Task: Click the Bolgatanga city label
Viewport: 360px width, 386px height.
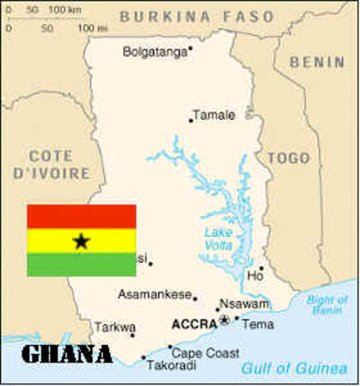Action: pyautogui.click(x=154, y=52)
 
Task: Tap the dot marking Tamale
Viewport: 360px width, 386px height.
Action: pyautogui.click(x=191, y=121)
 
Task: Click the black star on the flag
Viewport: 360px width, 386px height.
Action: pyautogui.click(x=81, y=240)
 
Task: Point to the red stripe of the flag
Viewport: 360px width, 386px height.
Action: pyautogui.click(x=81, y=216)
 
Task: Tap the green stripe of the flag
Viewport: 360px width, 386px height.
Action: pyautogui.click(x=81, y=265)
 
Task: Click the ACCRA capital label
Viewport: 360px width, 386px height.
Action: pyautogui.click(x=194, y=325)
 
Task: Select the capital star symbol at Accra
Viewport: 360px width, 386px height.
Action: pyautogui.click(x=224, y=320)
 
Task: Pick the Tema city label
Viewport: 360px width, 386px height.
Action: pyautogui.click(x=257, y=325)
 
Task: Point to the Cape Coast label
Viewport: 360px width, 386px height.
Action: pyautogui.click(x=206, y=353)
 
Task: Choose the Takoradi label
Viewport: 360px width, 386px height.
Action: pyautogui.click(x=171, y=365)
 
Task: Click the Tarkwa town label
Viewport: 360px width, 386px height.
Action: pyautogui.click(x=112, y=326)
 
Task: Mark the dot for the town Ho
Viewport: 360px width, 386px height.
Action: pyautogui.click(x=261, y=269)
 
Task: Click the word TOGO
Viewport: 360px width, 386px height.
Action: pyautogui.click(x=288, y=158)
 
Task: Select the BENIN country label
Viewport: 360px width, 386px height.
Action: pyautogui.click(x=317, y=62)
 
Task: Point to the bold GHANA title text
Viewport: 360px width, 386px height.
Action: pyautogui.click(x=66, y=354)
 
